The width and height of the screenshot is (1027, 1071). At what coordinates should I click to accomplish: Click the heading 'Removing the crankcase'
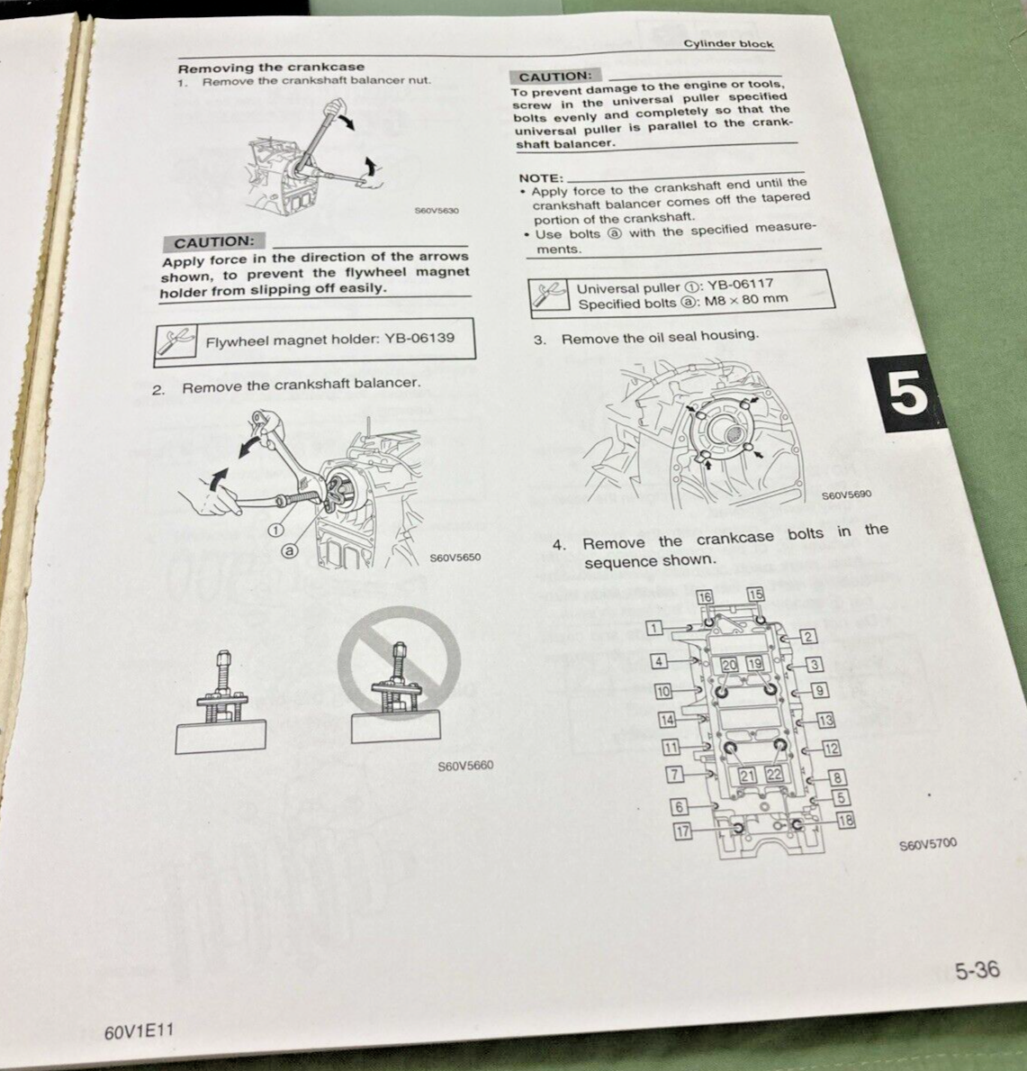coord(271,67)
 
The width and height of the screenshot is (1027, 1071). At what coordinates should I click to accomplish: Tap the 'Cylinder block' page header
coord(727,43)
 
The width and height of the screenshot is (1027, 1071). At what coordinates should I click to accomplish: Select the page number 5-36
coord(977,969)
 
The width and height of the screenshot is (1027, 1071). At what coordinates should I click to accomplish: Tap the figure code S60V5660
coord(465,767)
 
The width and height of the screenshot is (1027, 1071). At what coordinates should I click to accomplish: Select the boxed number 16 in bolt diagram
coord(705,596)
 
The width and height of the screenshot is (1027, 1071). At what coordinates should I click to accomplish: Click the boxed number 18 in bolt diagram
coord(844,820)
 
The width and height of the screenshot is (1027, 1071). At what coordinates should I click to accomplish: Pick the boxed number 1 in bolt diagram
coord(654,627)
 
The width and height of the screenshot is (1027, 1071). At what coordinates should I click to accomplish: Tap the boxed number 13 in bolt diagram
coord(825,720)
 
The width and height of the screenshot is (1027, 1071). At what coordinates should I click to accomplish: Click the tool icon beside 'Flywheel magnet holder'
coord(177,341)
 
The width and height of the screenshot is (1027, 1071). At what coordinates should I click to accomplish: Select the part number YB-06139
coord(421,339)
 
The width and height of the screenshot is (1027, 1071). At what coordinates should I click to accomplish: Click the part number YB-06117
coord(738,288)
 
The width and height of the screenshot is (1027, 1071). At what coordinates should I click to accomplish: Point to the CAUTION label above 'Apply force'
coord(213,241)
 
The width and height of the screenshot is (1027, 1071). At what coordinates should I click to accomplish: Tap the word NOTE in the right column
coord(540,178)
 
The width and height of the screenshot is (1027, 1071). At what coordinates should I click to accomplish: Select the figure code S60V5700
coord(928,844)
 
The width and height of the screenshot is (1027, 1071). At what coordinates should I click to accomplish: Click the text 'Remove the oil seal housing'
coord(659,336)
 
